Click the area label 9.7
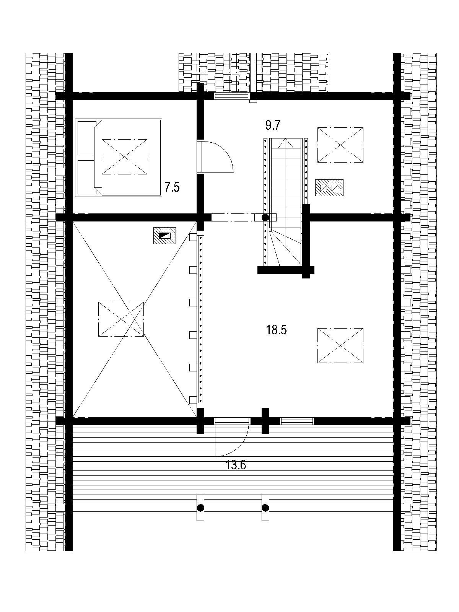pyautogui.click(x=273, y=125)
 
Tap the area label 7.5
pyautogui.click(x=172, y=187)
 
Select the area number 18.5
pyautogui.click(x=276, y=330)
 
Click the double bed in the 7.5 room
pyautogui.click(x=119, y=158)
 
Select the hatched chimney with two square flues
pyautogui.click(x=329, y=188)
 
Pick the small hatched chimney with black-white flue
pyautogui.click(x=164, y=235)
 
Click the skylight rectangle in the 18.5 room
pyautogui.click(x=340, y=345)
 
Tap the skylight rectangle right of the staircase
pyautogui.click(x=340, y=145)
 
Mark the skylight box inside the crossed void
pyautogui.click(x=121, y=319)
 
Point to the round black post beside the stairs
pyautogui.click(x=265, y=217)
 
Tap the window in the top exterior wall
pyautogui.click(x=231, y=96)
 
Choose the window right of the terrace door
pyautogui.click(x=297, y=421)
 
